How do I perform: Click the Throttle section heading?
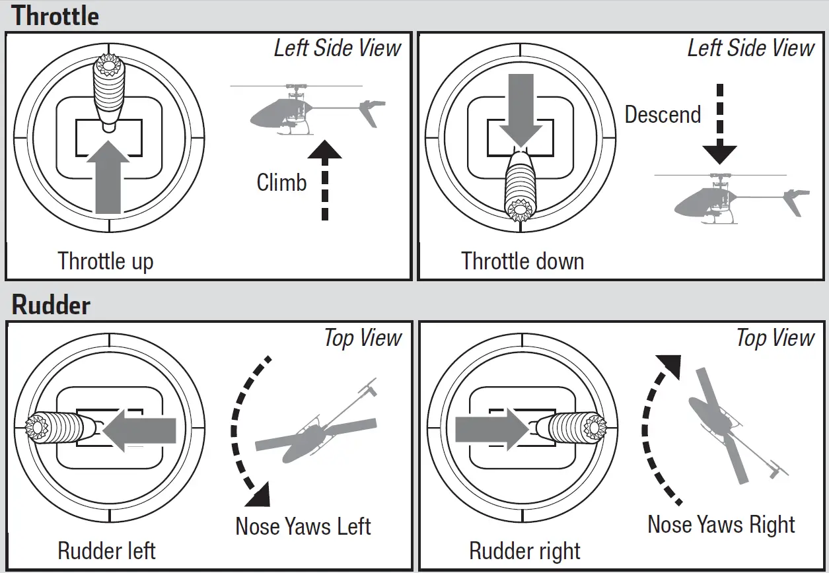56,16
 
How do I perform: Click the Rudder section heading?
52,306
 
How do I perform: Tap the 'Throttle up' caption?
106,261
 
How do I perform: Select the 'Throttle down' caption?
523,261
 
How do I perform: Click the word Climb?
281,182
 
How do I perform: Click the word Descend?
663,115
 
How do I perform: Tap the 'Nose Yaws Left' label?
303,526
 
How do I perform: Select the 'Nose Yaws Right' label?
721,525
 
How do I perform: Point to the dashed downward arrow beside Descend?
719,125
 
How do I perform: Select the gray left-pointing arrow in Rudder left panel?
140,431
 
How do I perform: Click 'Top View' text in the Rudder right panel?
775,338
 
